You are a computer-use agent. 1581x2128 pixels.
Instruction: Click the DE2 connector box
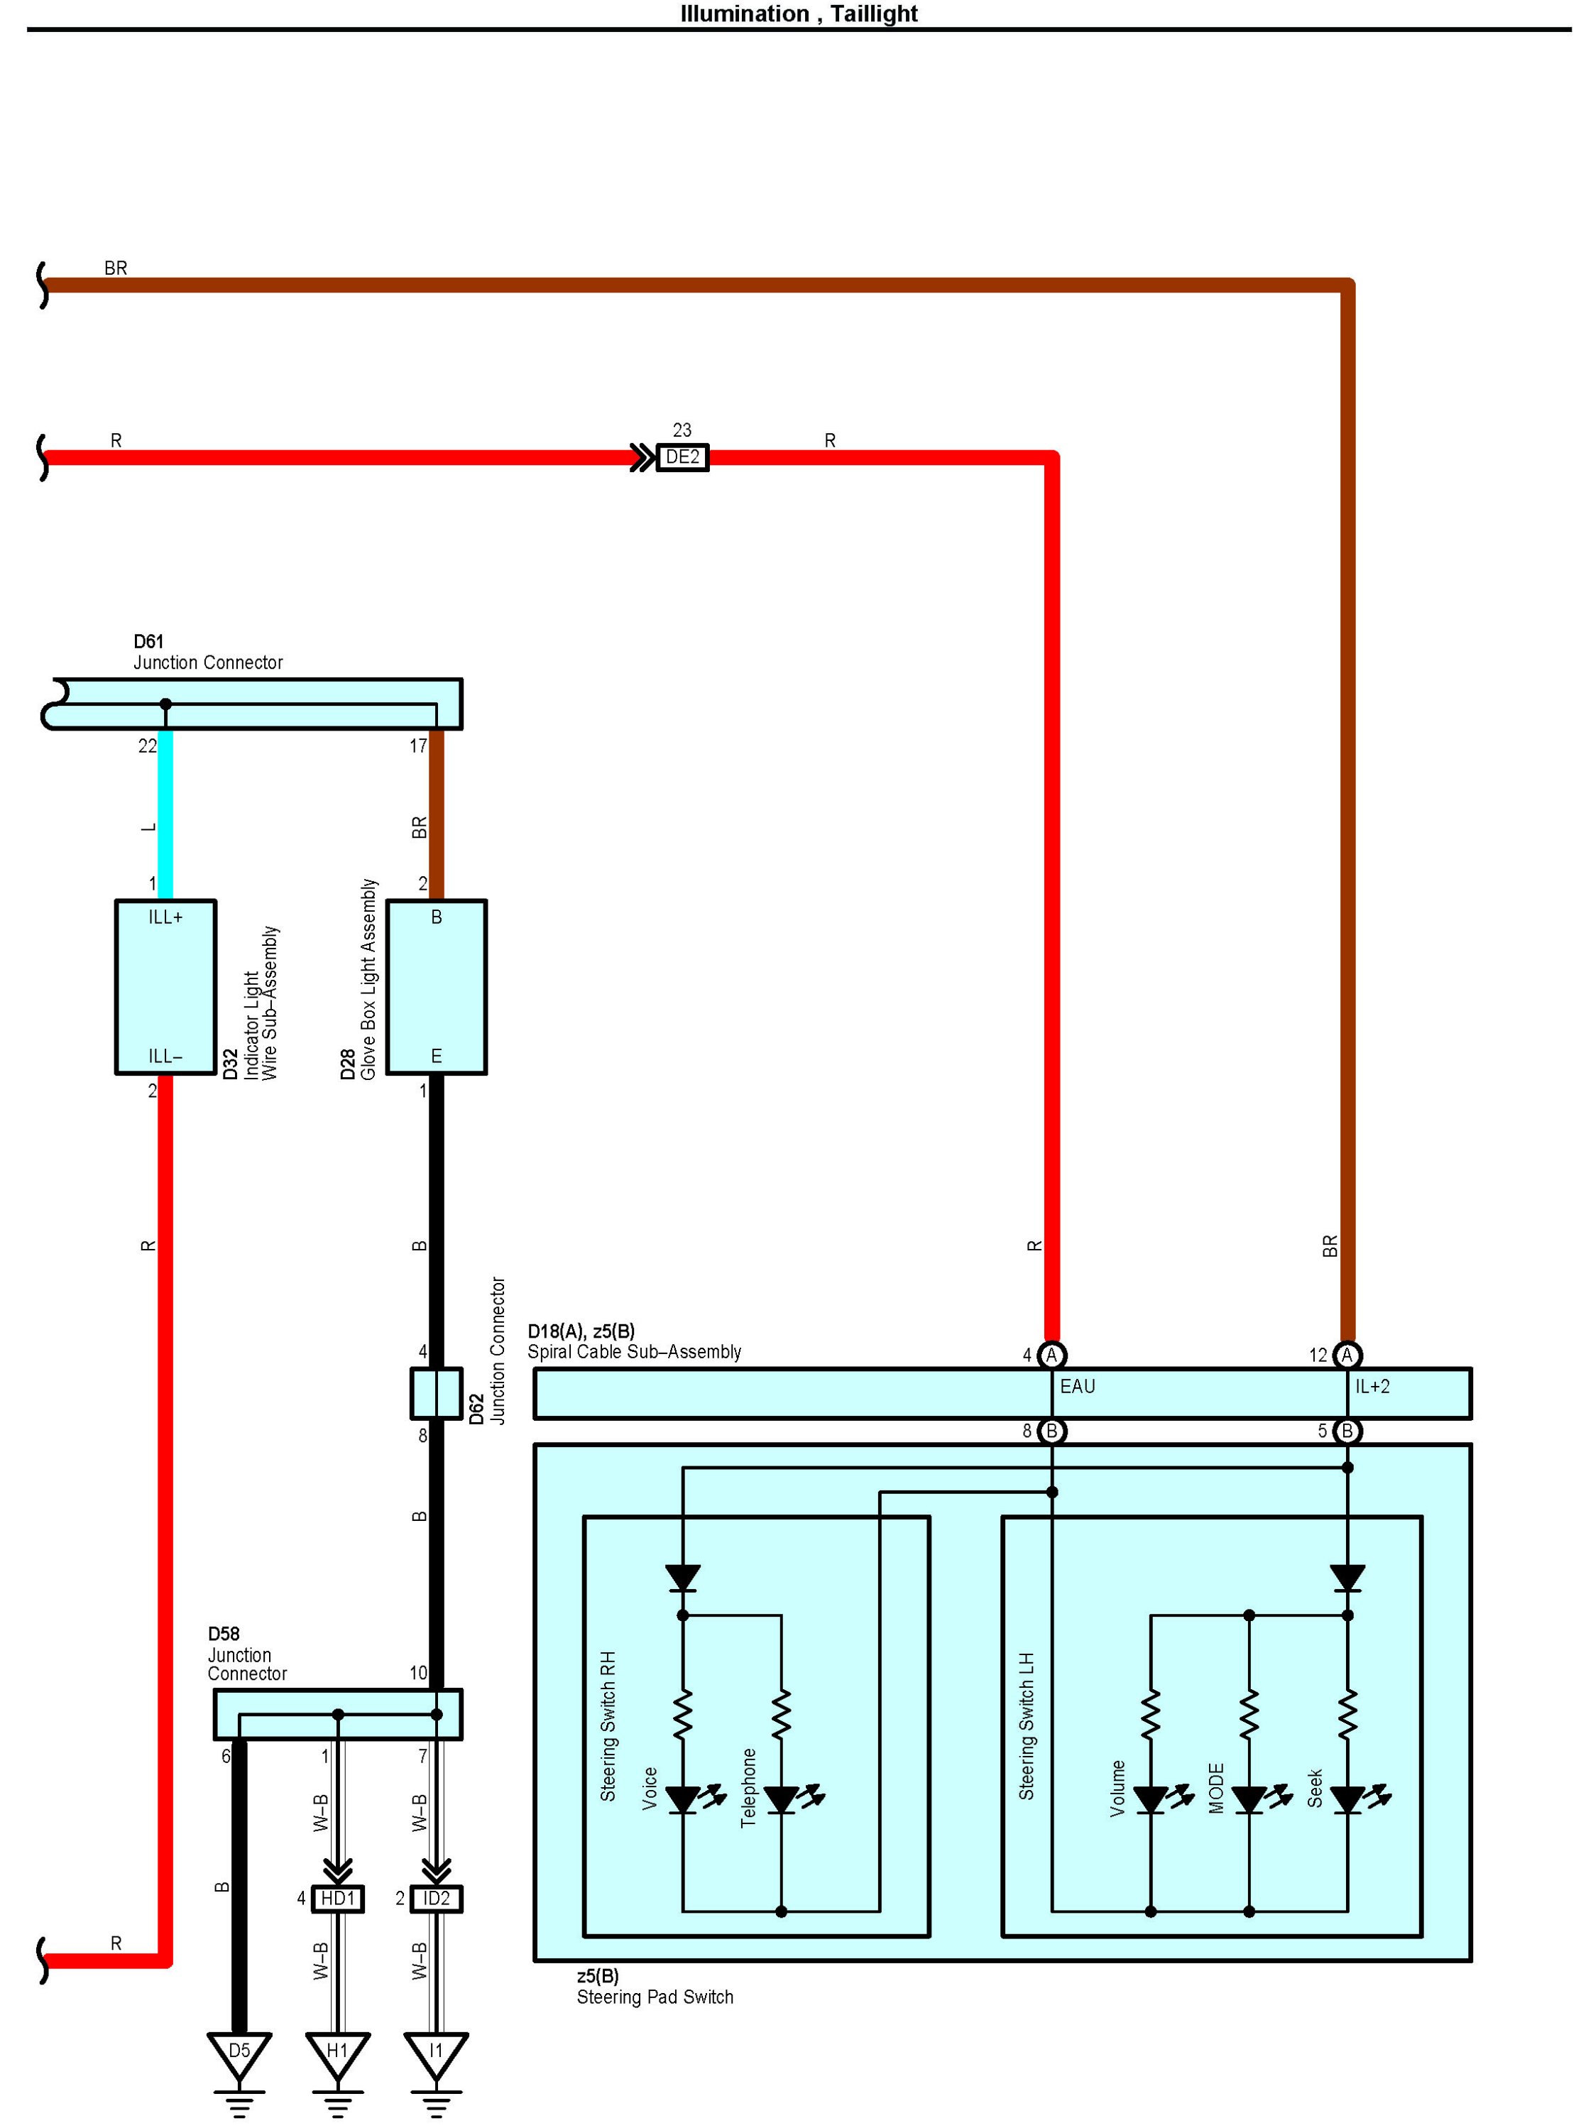point(682,457)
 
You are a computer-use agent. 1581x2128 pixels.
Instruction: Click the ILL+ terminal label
point(165,917)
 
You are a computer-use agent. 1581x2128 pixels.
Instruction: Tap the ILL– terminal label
point(165,1056)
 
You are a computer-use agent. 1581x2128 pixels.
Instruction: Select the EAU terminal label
point(1078,1386)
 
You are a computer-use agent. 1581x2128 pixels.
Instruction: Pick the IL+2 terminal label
point(1372,1386)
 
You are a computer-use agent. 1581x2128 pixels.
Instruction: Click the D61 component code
point(148,641)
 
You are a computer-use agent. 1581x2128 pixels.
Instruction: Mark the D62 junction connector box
point(437,1393)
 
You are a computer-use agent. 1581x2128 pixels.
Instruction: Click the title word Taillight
point(874,13)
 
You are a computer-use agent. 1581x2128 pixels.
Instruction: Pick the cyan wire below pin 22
point(165,814)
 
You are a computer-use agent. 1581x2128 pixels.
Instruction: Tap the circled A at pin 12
point(1347,1355)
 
